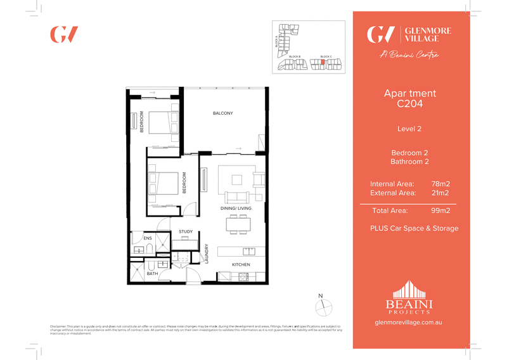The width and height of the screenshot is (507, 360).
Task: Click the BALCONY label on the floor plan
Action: click(222, 113)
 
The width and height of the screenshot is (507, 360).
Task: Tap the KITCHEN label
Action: click(241, 264)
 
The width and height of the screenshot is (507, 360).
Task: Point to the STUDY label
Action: click(186, 232)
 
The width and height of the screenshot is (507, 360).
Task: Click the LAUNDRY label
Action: click(207, 254)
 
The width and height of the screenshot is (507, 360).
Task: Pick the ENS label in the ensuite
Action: click(148, 238)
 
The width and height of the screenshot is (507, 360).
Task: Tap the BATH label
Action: click(152, 274)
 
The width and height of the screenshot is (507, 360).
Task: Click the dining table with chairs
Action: click(238, 224)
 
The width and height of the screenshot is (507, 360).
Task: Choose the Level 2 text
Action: click(409, 129)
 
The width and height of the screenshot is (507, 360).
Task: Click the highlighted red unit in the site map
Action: click(323, 62)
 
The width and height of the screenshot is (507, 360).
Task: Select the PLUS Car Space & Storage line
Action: click(414, 228)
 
